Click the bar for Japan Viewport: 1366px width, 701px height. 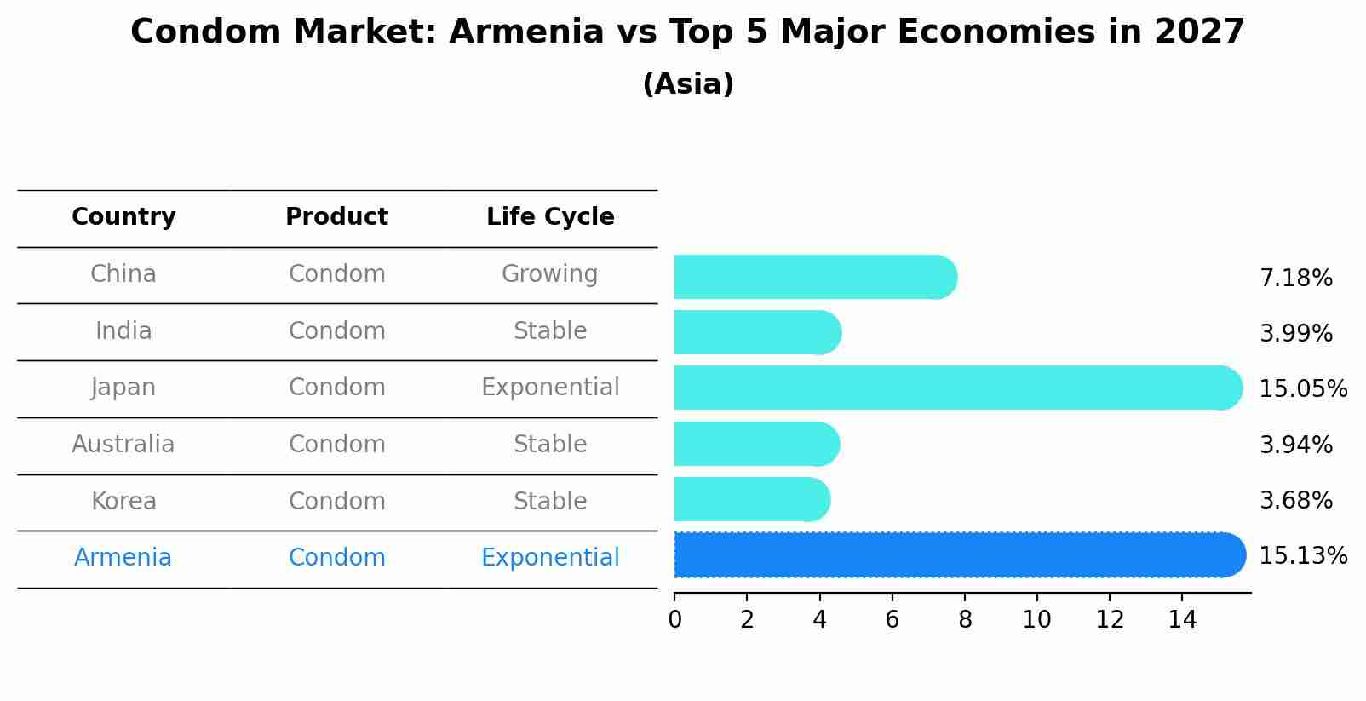(x=958, y=388)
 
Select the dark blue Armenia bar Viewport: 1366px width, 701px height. (x=960, y=554)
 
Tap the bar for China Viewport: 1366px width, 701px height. (x=816, y=277)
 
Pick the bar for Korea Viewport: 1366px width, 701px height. (x=753, y=499)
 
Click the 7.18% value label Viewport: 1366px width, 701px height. (x=1296, y=279)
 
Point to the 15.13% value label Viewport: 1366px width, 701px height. (x=1303, y=555)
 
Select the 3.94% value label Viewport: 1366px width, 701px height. (x=1296, y=445)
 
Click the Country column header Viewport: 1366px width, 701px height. (x=123, y=217)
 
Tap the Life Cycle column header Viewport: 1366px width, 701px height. (x=550, y=216)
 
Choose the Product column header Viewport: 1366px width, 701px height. (x=336, y=216)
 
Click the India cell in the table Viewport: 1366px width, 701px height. (x=123, y=330)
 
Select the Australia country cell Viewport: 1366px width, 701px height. (x=123, y=444)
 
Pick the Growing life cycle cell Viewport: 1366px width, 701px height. (x=550, y=274)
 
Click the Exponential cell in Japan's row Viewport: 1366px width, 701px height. (x=550, y=387)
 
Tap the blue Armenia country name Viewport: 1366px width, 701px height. (x=123, y=557)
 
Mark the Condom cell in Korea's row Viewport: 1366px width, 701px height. (x=336, y=501)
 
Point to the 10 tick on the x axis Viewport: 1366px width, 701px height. (x=1036, y=619)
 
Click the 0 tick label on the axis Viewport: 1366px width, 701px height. (x=674, y=619)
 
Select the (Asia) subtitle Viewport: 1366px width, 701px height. (x=688, y=83)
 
